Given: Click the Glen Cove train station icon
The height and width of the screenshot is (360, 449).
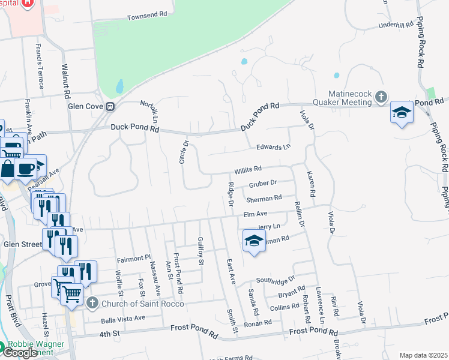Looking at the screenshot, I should tap(110, 107).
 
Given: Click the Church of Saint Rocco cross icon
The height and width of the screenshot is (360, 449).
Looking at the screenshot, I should tap(91, 302).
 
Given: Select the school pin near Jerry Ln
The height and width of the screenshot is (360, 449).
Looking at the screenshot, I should tap(254, 241).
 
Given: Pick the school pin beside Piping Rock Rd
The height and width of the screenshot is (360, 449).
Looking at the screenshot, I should tap(402, 112).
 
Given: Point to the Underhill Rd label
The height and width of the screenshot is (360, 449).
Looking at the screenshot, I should tap(396, 25).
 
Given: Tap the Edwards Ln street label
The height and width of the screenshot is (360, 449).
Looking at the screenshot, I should tap(273, 146).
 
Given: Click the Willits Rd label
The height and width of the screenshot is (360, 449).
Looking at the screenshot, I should tap(248, 169).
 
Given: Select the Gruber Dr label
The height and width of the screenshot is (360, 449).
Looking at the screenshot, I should tap(262, 183).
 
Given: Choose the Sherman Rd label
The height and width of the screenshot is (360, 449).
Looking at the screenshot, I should tap(264, 198).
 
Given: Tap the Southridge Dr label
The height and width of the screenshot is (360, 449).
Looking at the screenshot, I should tap(276, 280).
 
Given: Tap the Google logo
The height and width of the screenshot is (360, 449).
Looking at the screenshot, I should tap(20, 353).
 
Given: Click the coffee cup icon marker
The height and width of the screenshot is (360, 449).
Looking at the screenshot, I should tap(25, 169).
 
